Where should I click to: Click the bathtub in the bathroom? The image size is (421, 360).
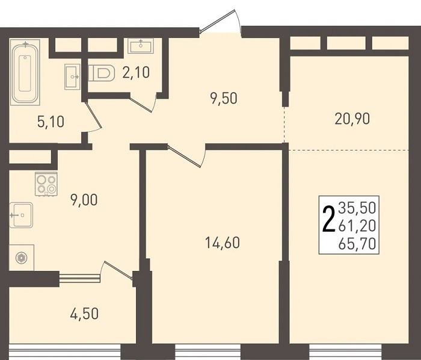[x=25, y=72]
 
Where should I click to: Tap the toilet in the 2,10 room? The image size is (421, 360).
[x=101, y=73]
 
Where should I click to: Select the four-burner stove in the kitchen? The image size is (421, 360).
[x=46, y=184]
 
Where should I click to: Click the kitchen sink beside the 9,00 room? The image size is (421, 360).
[x=21, y=215]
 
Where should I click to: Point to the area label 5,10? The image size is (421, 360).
[x=51, y=122]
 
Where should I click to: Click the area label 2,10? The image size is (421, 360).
[x=136, y=72]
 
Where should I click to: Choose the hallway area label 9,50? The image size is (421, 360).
[x=224, y=98]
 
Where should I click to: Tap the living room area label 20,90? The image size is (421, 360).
[x=352, y=119]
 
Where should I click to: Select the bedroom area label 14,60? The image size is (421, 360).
[x=223, y=243]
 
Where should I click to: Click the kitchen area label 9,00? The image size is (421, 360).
[x=84, y=200]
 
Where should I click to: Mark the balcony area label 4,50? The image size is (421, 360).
[x=84, y=314]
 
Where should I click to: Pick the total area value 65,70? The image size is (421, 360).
[x=357, y=244]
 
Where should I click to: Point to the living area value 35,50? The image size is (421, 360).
[x=357, y=208]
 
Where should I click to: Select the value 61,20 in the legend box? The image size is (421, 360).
[x=357, y=226]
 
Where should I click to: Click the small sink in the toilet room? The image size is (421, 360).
[x=141, y=46]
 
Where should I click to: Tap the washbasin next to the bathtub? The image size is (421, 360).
[x=72, y=76]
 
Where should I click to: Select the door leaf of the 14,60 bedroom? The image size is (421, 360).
[x=184, y=157]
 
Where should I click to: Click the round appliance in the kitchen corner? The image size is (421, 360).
[x=22, y=258]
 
